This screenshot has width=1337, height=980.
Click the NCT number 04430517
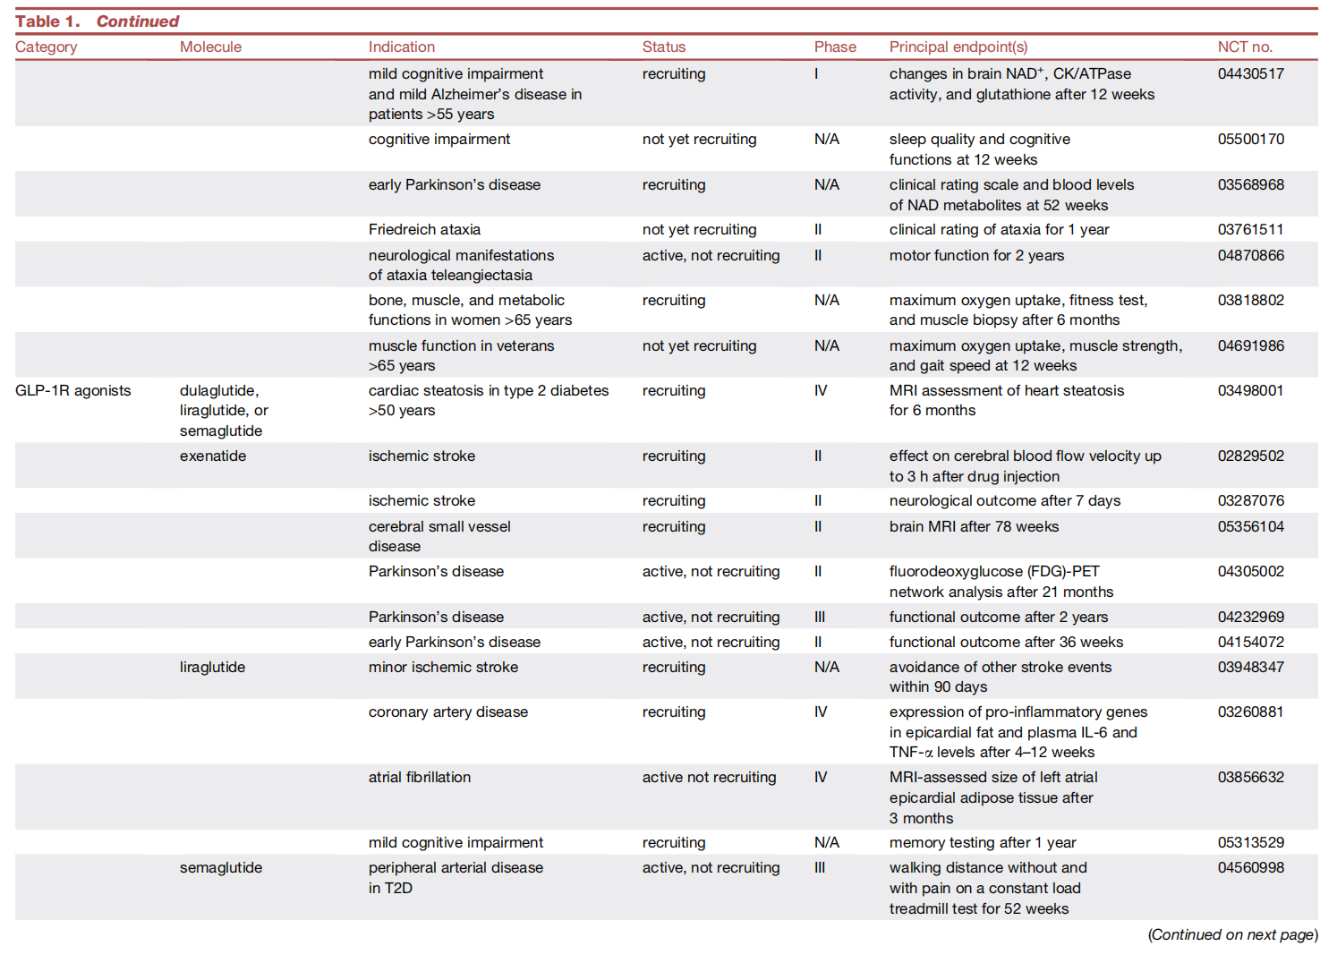(x=1250, y=73)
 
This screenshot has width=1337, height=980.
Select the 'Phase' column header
(x=834, y=47)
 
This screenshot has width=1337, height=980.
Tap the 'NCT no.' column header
(x=1245, y=47)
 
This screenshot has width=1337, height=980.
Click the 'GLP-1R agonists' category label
(x=72, y=390)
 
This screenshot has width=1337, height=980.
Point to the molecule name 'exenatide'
(x=212, y=456)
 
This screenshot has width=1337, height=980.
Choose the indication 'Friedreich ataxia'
(x=424, y=229)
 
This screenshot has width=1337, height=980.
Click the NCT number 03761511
(x=1250, y=229)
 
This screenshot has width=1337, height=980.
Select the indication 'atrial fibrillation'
(x=419, y=777)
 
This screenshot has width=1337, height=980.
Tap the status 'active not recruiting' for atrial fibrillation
(x=709, y=777)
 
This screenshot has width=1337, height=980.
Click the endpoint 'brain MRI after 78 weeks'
(x=974, y=526)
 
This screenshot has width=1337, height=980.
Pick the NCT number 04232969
(x=1250, y=617)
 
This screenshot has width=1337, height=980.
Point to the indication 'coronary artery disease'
(x=447, y=712)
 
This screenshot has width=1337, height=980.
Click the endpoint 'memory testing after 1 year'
(x=983, y=843)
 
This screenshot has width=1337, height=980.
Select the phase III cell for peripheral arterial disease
(x=820, y=868)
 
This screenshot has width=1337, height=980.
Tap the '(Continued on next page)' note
(x=1232, y=934)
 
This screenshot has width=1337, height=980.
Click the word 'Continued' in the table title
(x=137, y=21)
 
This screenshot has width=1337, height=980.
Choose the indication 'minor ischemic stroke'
(x=443, y=667)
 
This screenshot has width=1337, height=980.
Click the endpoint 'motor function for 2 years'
(x=976, y=255)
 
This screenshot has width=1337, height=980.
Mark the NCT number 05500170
(x=1250, y=139)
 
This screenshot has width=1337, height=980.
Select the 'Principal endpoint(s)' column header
(x=958, y=47)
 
